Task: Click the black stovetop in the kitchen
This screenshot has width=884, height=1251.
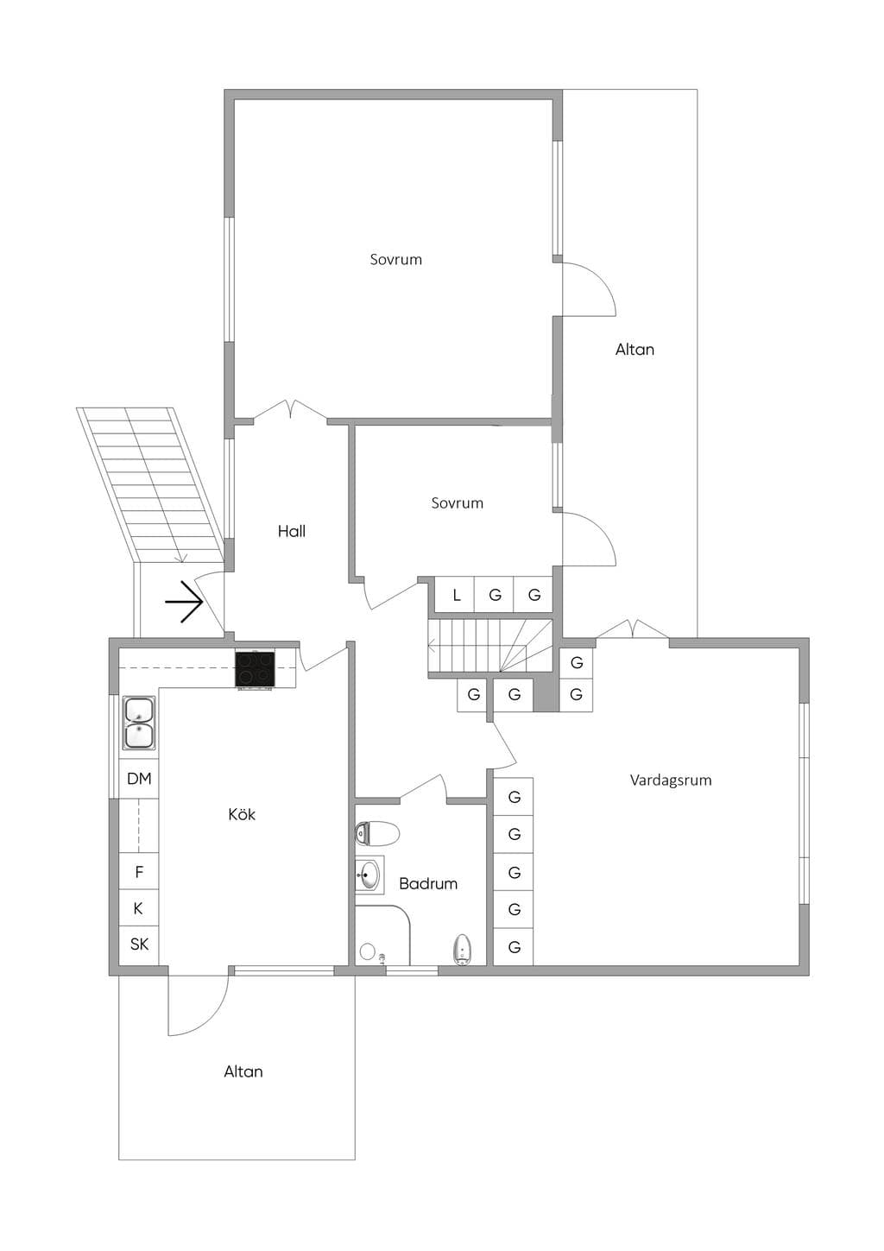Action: pyautogui.click(x=255, y=670)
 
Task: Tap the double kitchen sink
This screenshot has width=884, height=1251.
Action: pyautogui.click(x=139, y=723)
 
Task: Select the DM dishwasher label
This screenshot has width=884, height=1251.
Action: pyautogui.click(x=139, y=779)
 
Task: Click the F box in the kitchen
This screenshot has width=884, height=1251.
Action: pyautogui.click(x=139, y=871)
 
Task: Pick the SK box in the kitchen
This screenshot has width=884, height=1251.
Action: pyautogui.click(x=139, y=945)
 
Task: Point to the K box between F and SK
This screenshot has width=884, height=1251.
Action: pyautogui.click(x=139, y=908)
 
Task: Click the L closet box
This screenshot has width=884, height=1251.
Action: pyautogui.click(x=455, y=596)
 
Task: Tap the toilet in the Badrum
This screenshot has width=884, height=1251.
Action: pyautogui.click(x=377, y=834)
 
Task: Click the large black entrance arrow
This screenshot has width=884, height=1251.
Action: pyautogui.click(x=184, y=602)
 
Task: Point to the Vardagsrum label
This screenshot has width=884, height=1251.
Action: pyautogui.click(x=671, y=780)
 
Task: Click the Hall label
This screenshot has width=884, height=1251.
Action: pyautogui.click(x=292, y=531)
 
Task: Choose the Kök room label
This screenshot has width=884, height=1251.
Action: pyautogui.click(x=242, y=814)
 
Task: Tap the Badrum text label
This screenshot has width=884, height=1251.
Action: pyautogui.click(x=428, y=883)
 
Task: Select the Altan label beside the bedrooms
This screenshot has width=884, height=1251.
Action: pyautogui.click(x=635, y=350)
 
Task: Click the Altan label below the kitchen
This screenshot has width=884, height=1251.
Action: pyautogui.click(x=243, y=1071)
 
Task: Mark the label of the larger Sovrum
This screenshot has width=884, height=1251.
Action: pyautogui.click(x=396, y=259)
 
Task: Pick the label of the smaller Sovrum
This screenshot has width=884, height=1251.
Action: pyautogui.click(x=458, y=502)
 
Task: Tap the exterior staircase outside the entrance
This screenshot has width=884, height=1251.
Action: pyautogui.click(x=151, y=483)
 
